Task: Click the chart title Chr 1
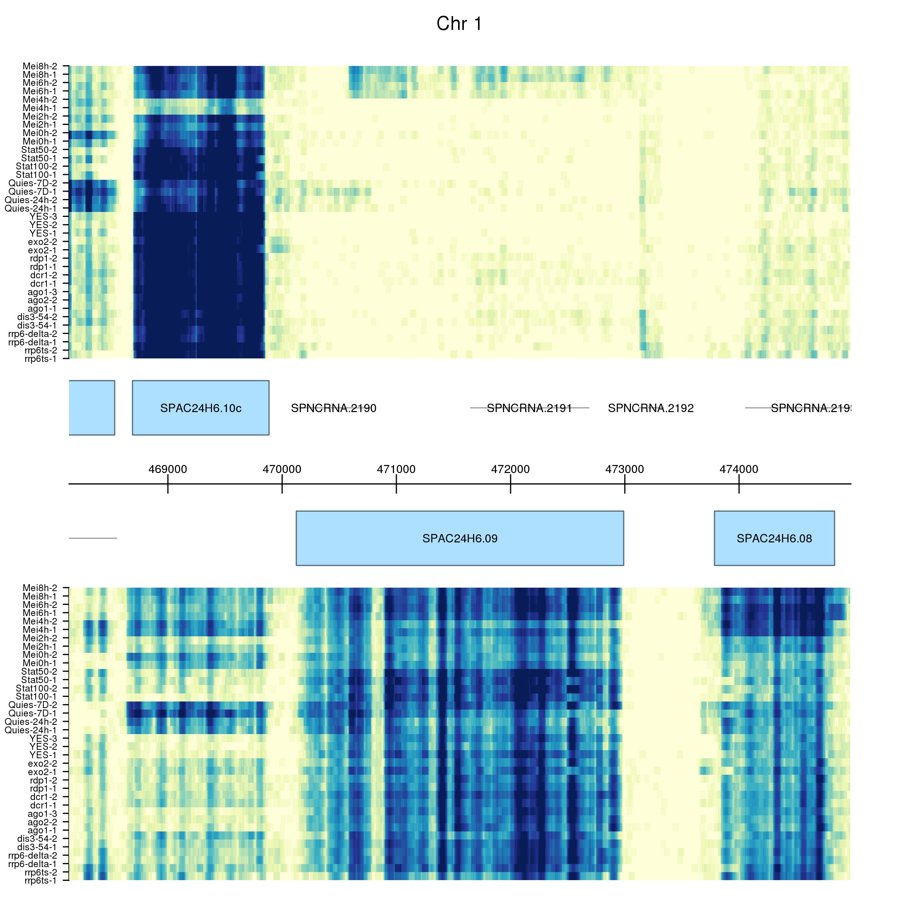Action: pyautogui.click(x=460, y=24)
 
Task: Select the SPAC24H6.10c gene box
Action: pyautogui.click(x=200, y=407)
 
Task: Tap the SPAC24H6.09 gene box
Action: pyautogui.click(x=460, y=538)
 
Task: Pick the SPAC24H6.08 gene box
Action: pyautogui.click(x=774, y=538)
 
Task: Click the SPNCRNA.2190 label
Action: pyautogui.click(x=333, y=408)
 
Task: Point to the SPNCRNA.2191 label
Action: pyautogui.click(x=529, y=408)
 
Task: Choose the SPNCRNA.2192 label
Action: pyautogui.click(x=651, y=408)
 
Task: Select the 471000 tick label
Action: pyautogui.click(x=396, y=469)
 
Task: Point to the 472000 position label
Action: pyautogui.click(x=511, y=469)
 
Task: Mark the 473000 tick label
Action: pyautogui.click(x=625, y=469)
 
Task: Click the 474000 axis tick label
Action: pyautogui.click(x=739, y=469)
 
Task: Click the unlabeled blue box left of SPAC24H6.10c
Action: pyautogui.click(x=92, y=407)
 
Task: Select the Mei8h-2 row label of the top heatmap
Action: pyautogui.click(x=40, y=66)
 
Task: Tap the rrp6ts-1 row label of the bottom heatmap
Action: pyautogui.click(x=41, y=881)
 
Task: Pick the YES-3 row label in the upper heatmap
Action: pyautogui.click(x=43, y=217)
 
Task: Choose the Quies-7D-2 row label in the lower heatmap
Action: pyautogui.click(x=33, y=705)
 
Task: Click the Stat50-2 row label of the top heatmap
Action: pyautogui.click(x=39, y=150)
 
